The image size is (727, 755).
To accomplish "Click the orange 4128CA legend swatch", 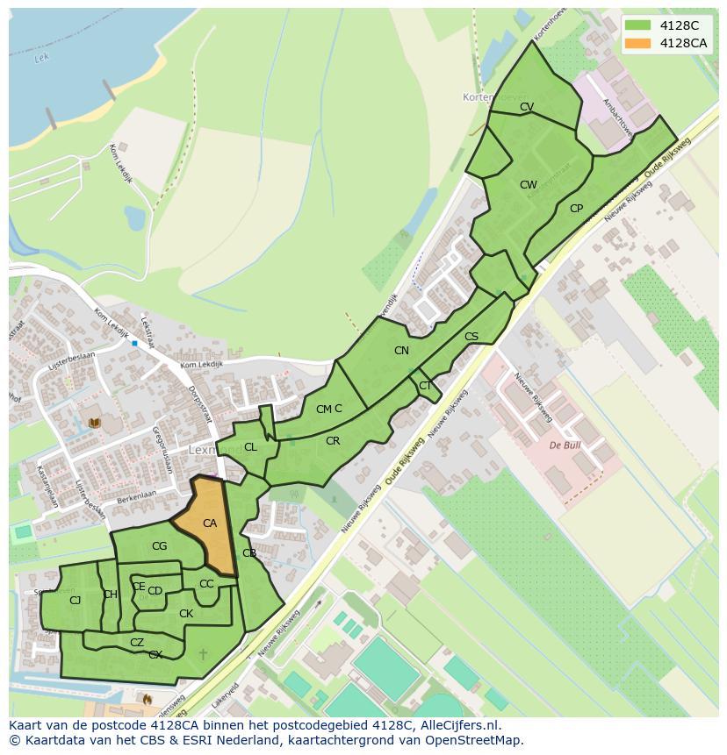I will pos(638,43).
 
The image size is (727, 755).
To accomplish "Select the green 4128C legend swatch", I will pos(638,25).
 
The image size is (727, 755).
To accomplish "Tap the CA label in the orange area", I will pos(210,524).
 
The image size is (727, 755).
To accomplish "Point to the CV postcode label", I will pos(527,107).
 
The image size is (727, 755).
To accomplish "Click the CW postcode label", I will pos(528,185).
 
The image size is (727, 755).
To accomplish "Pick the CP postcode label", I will pos(576,209).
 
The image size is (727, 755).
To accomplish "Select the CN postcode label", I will pos(401,351).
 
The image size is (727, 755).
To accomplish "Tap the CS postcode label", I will pos(471,337).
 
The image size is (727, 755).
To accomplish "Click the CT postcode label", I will pos(425,386).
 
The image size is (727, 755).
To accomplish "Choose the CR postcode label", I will pos(333,441).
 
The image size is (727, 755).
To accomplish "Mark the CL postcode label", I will pos(250,447).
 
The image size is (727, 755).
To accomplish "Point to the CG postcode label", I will pos(159,546).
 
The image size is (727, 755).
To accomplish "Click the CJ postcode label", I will pos(76,600).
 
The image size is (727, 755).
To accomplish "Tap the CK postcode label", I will pos(186,614).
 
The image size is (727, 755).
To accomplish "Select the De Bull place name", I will pos(566,445).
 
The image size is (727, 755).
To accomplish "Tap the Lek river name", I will pos(40,59).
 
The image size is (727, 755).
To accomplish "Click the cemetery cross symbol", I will pos(204,654).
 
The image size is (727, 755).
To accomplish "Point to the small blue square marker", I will pos(134,344).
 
